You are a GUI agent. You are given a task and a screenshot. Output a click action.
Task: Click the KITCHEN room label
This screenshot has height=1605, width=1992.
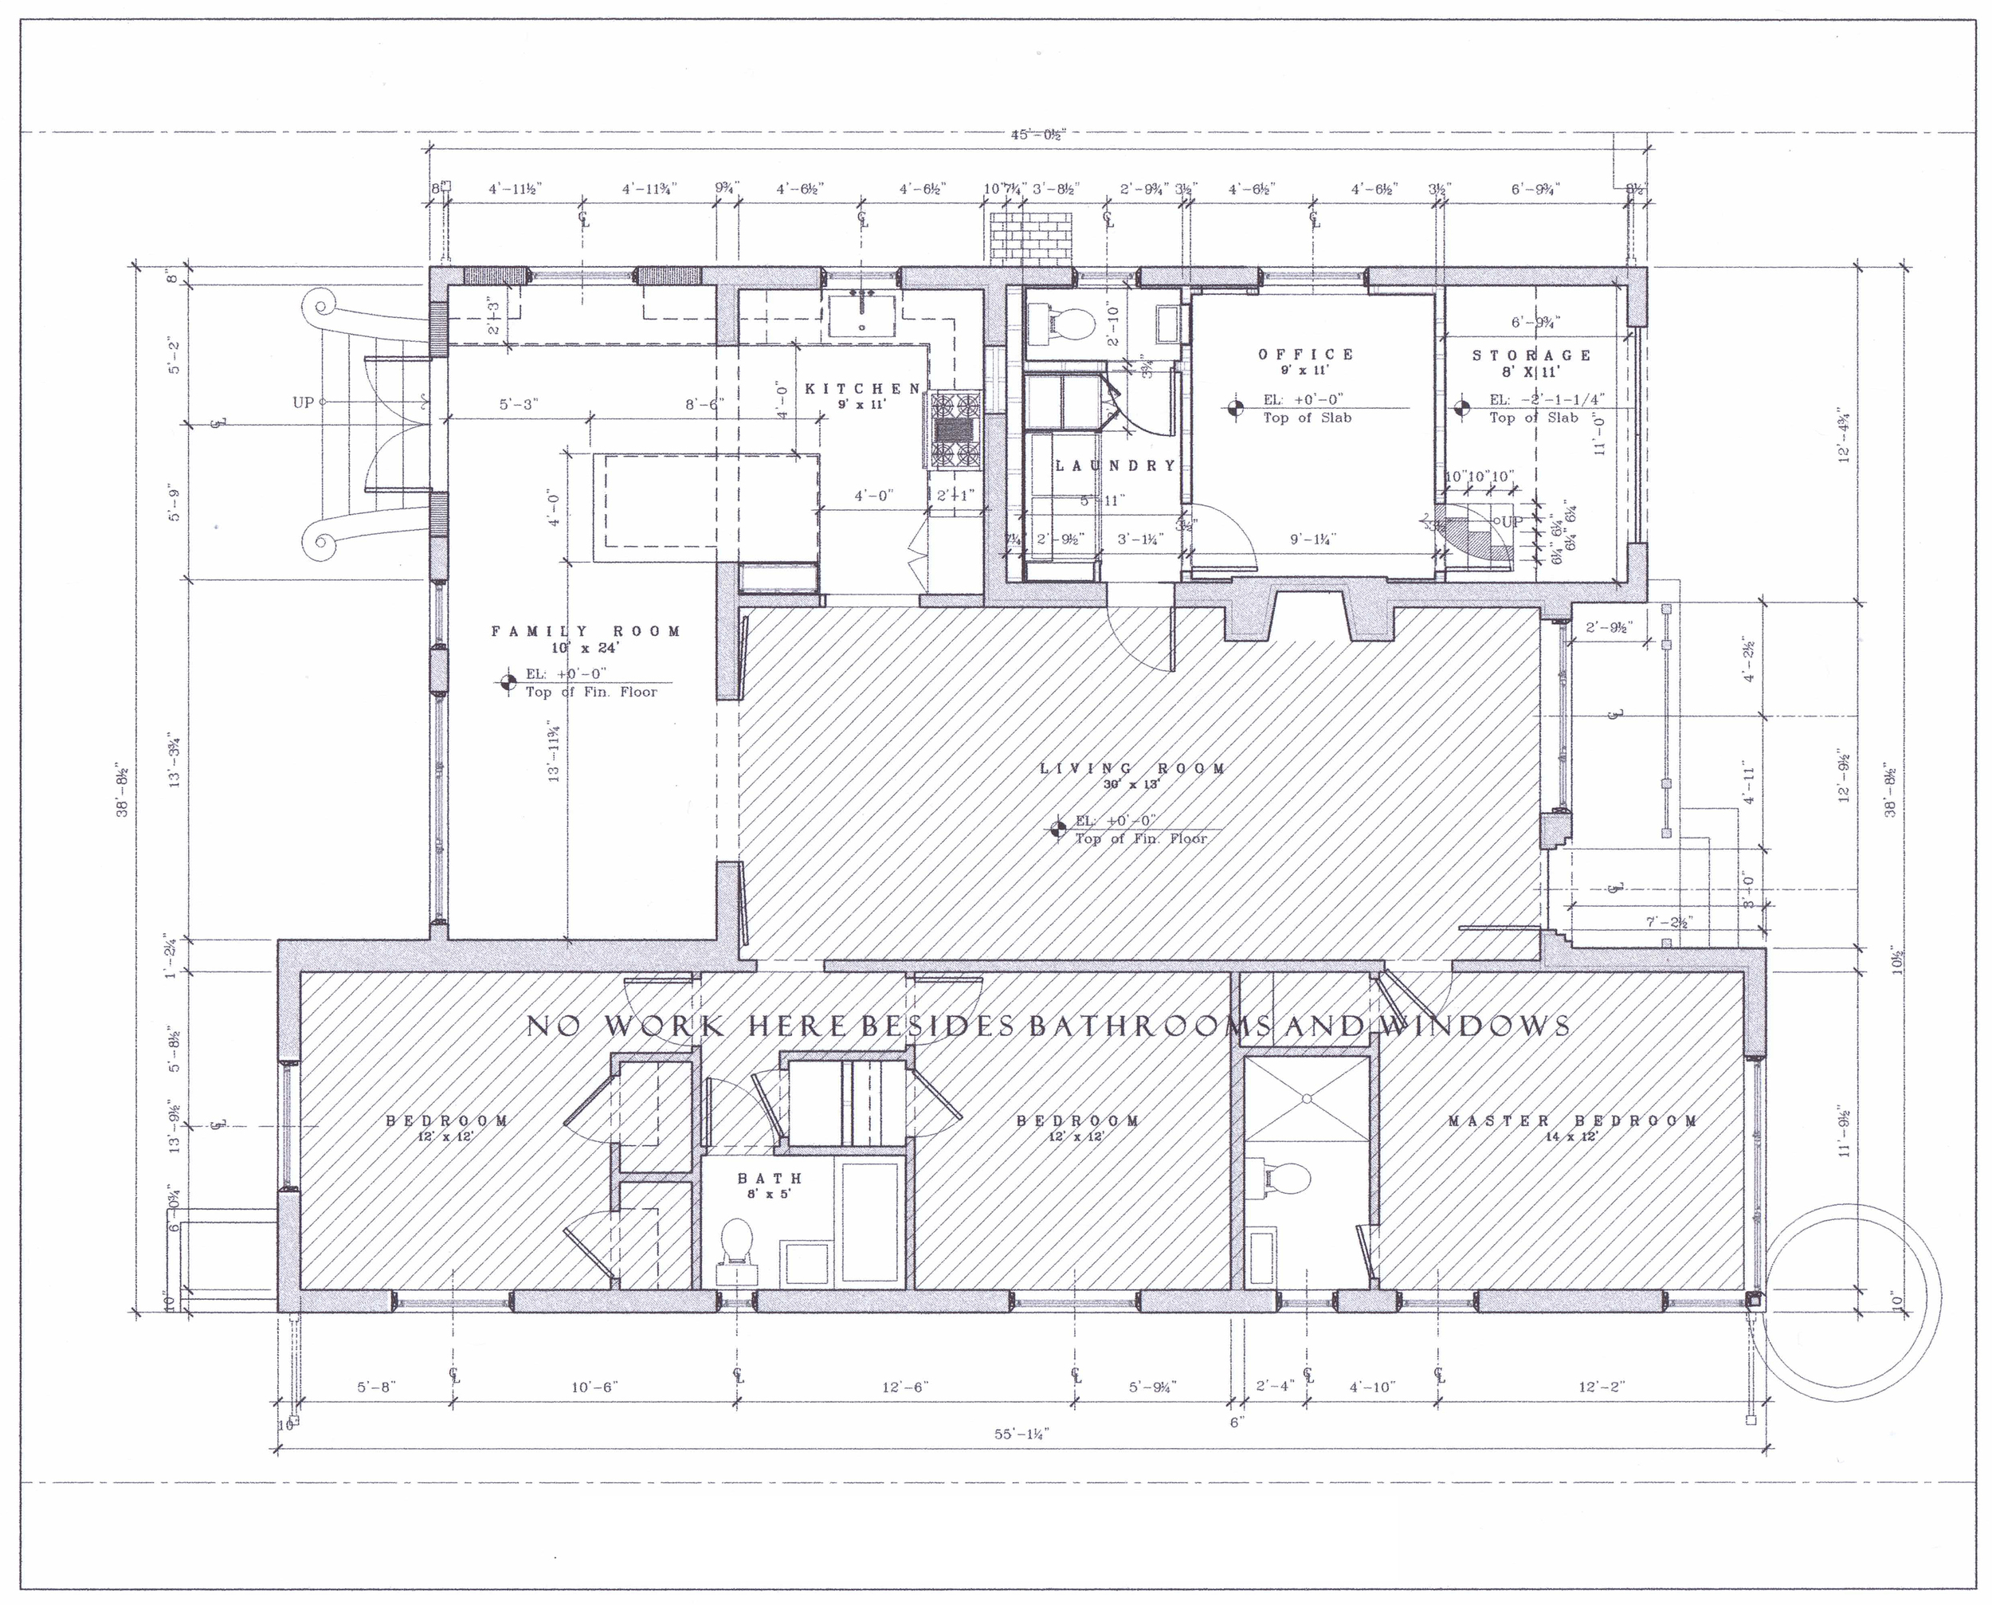pyautogui.click(x=861, y=389)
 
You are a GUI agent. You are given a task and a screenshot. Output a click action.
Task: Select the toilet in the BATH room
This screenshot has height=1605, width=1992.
pyautogui.click(x=737, y=1242)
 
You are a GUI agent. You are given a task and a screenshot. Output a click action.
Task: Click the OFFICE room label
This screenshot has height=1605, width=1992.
pyautogui.click(x=1305, y=354)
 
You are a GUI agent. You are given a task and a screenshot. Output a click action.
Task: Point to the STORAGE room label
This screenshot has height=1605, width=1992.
pyautogui.click(x=1531, y=355)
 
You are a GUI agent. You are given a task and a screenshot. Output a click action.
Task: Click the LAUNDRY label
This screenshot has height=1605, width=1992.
pyautogui.click(x=1116, y=465)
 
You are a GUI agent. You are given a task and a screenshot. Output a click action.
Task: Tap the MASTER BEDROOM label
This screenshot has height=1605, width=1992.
pyautogui.click(x=1572, y=1120)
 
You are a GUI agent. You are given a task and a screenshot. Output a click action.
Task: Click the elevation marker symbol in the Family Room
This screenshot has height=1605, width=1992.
pyautogui.click(x=508, y=682)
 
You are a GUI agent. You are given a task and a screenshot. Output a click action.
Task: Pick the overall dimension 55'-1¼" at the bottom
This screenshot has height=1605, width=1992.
pyautogui.click(x=1021, y=1434)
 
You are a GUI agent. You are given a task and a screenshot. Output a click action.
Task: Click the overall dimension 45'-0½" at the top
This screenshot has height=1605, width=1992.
pyautogui.click(x=1038, y=135)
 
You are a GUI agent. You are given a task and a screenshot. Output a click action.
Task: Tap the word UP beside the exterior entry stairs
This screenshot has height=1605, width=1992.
pyautogui.click(x=304, y=402)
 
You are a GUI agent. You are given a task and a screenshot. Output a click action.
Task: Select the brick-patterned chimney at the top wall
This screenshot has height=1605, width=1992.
pyautogui.click(x=1031, y=237)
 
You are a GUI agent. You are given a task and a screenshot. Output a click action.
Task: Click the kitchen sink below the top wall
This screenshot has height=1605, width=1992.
pyautogui.click(x=861, y=314)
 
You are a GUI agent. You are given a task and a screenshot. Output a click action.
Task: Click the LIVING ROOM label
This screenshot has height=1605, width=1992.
pyautogui.click(x=1132, y=768)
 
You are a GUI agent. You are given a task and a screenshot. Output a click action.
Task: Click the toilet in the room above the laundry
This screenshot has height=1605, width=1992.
pyautogui.click(x=1067, y=323)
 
